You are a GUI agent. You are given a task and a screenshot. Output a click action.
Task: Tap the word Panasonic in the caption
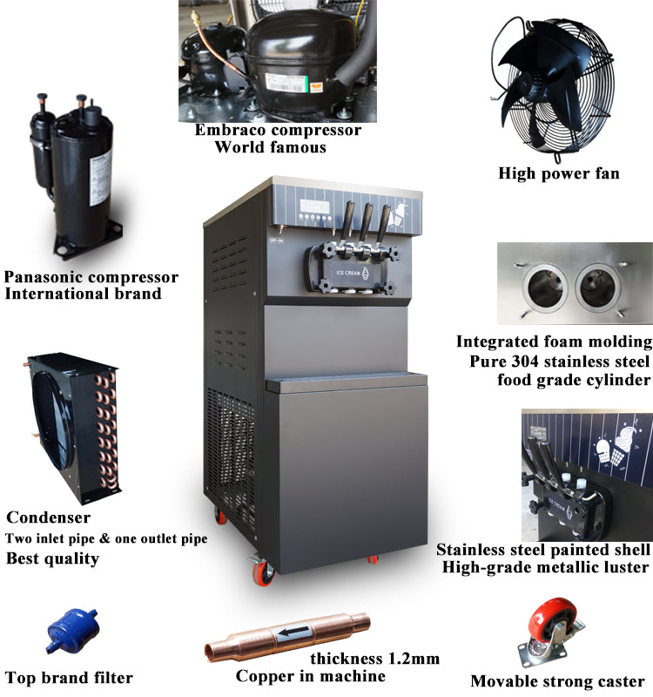pyautogui.click(x=44, y=277)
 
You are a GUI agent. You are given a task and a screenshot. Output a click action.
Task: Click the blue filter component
pyautogui.click(x=72, y=631)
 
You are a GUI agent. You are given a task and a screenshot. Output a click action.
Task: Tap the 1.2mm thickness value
pyautogui.click(x=414, y=659)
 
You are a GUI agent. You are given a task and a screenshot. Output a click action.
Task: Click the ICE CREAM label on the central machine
pyautogui.click(x=348, y=273)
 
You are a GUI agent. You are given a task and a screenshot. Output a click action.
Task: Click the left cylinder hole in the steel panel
pyautogui.click(x=545, y=287)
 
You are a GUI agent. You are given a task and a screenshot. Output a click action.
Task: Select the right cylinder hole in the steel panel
pyautogui.click(x=597, y=287)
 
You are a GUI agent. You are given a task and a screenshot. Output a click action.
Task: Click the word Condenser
pyautogui.click(x=49, y=518)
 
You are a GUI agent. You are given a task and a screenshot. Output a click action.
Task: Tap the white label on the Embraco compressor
pyautogui.click(x=286, y=83)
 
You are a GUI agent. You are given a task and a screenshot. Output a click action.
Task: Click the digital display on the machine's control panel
pyautogui.click(x=315, y=206)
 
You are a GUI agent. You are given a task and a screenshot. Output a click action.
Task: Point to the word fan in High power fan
pyautogui.click(x=608, y=173)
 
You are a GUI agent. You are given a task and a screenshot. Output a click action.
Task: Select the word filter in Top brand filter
pyautogui.click(x=112, y=678)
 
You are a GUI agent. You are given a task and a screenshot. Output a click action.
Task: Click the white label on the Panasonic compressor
pyautogui.click(x=100, y=179)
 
